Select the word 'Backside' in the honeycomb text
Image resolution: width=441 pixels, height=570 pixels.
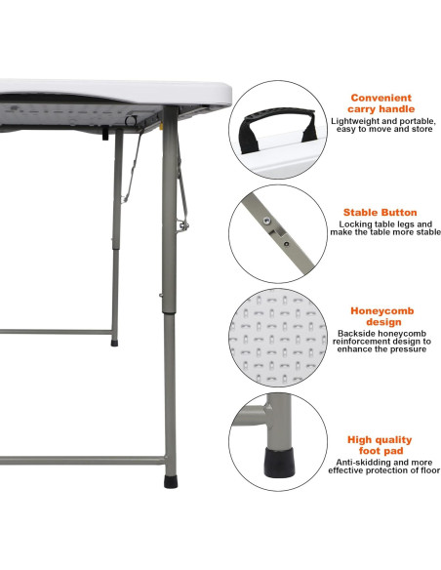354,333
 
